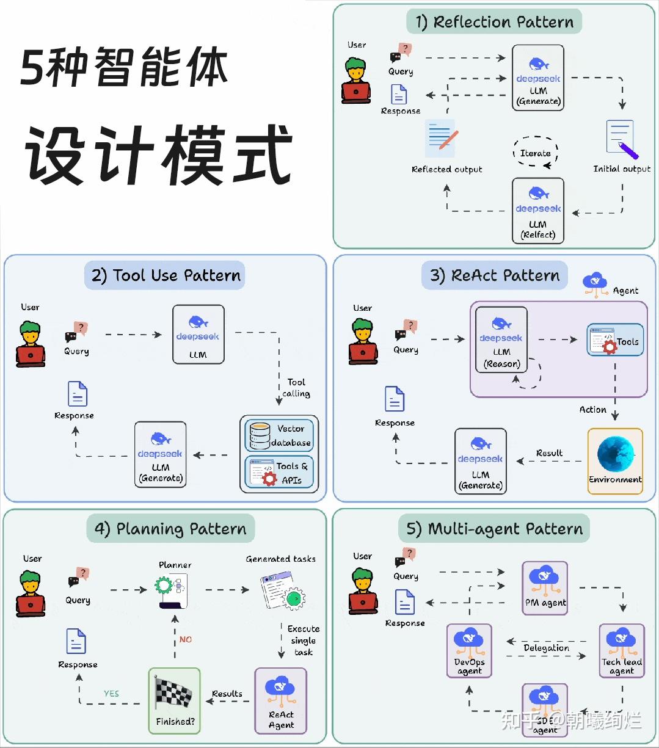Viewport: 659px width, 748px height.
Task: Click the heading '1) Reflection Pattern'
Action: (x=494, y=22)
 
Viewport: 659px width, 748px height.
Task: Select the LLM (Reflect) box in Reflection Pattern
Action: (x=537, y=210)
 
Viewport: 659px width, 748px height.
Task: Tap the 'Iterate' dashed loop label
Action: (x=535, y=153)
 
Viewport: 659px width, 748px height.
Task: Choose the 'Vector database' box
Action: (x=279, y=435)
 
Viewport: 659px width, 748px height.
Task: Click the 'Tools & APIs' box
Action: (x=279, y=472)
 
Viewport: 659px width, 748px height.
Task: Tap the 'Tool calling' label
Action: (x=296, y=388)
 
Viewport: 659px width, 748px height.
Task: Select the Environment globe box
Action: (x=615, y=460)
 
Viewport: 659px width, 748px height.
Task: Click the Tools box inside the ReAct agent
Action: (x=615, y=341)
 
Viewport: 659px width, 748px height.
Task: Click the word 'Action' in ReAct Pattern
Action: (x=592, y=410)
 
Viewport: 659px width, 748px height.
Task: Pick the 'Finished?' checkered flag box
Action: (x=174, y=700)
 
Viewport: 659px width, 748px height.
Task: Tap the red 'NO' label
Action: (x=186, y=639)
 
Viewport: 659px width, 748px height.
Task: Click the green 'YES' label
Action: (x=111, y=694)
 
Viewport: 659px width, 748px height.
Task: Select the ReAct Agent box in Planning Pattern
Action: (x=280, y=700)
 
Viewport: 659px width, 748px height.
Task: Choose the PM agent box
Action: (x=545, y=587)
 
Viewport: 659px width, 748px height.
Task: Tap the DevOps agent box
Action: (x=469, y=650)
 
